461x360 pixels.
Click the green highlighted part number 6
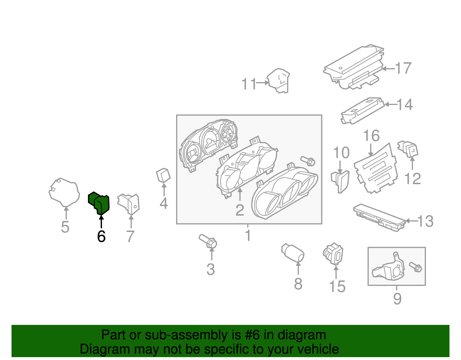pos(99,203)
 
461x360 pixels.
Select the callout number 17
pos(403,68)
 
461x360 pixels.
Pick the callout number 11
pos(248,84)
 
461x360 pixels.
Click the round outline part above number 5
pos(64,192)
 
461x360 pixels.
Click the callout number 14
pos(405,104)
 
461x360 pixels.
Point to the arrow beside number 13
pos(411,221)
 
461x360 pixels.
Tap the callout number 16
pos(371,136)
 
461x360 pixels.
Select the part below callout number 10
pos(340,182)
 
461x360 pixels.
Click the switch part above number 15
pos(333,254)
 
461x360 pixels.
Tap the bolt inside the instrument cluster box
pos(308,161)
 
